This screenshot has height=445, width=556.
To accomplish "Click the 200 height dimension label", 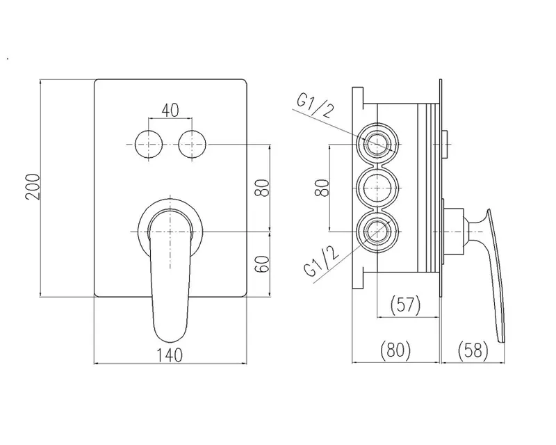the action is click(x=33, y=186).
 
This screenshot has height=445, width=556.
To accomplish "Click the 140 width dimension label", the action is click(x=170, y=355).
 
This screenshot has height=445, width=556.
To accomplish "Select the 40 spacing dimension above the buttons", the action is click(x=170, y=111).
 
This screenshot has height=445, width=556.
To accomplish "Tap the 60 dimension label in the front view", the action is click(x=263, y=264).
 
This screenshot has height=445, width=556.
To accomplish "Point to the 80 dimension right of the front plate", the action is click(x=263, y=188).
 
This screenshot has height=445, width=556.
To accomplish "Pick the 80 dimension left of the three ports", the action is click(x=321, y=187).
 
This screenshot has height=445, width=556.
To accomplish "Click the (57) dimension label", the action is click(x=405, y=305).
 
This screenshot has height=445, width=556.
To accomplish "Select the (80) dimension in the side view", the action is click(x=395, y=350).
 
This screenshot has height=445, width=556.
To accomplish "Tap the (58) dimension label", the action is click(x=473, y=350).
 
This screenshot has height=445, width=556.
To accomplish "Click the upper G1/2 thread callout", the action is click(x=316, y=106).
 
